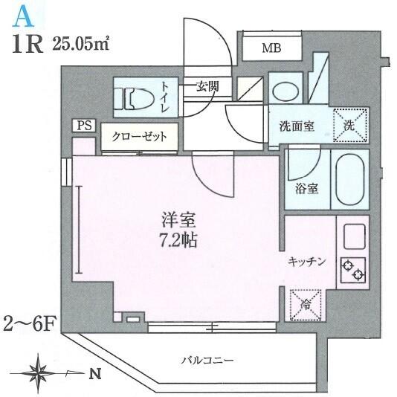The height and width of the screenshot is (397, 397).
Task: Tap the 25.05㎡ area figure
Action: [81, 45]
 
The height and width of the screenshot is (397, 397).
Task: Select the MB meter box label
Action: [271, 48]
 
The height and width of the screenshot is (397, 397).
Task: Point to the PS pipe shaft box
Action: [84, 126]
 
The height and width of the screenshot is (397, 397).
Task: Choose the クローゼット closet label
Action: [140, 137]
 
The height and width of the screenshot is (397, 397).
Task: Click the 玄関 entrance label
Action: [207, 87]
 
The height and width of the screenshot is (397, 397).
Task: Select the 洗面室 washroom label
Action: [297, 126]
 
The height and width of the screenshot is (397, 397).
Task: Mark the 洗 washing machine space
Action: [350, 125]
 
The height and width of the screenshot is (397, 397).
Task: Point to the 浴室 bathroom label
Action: [306, 189]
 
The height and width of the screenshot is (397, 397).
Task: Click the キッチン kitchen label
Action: [306, 262]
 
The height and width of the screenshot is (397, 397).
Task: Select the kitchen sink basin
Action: [355, 236]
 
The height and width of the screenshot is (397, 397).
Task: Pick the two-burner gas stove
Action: [353, 270]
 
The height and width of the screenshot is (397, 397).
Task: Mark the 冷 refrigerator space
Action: [306, 306]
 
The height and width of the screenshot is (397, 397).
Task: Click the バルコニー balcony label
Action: [207, 361]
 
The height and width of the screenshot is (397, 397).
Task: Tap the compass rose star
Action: [39, 373]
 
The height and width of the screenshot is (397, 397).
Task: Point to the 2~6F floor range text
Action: [28, 325]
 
